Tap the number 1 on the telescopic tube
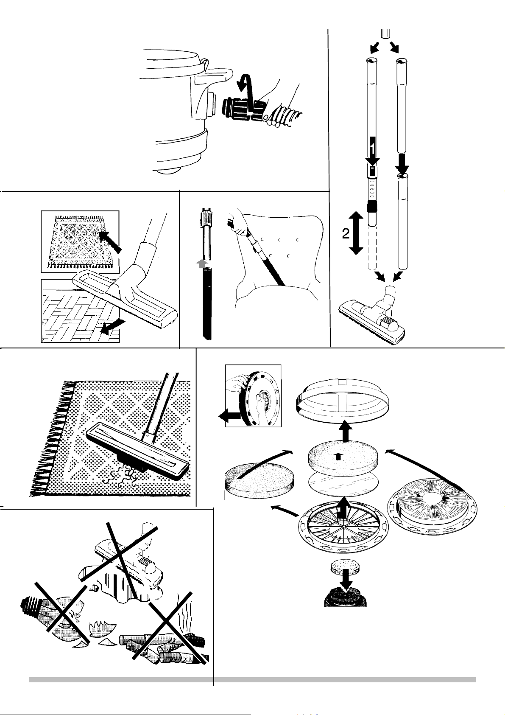pos(372,149)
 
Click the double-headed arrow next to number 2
pos(356,233)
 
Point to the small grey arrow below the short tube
pos(201,264)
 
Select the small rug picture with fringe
pos(80,241)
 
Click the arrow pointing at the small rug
pos(110,242)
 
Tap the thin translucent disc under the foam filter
pos(343,484)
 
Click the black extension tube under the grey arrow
pos(207,304)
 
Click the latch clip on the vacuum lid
pos(205,63)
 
